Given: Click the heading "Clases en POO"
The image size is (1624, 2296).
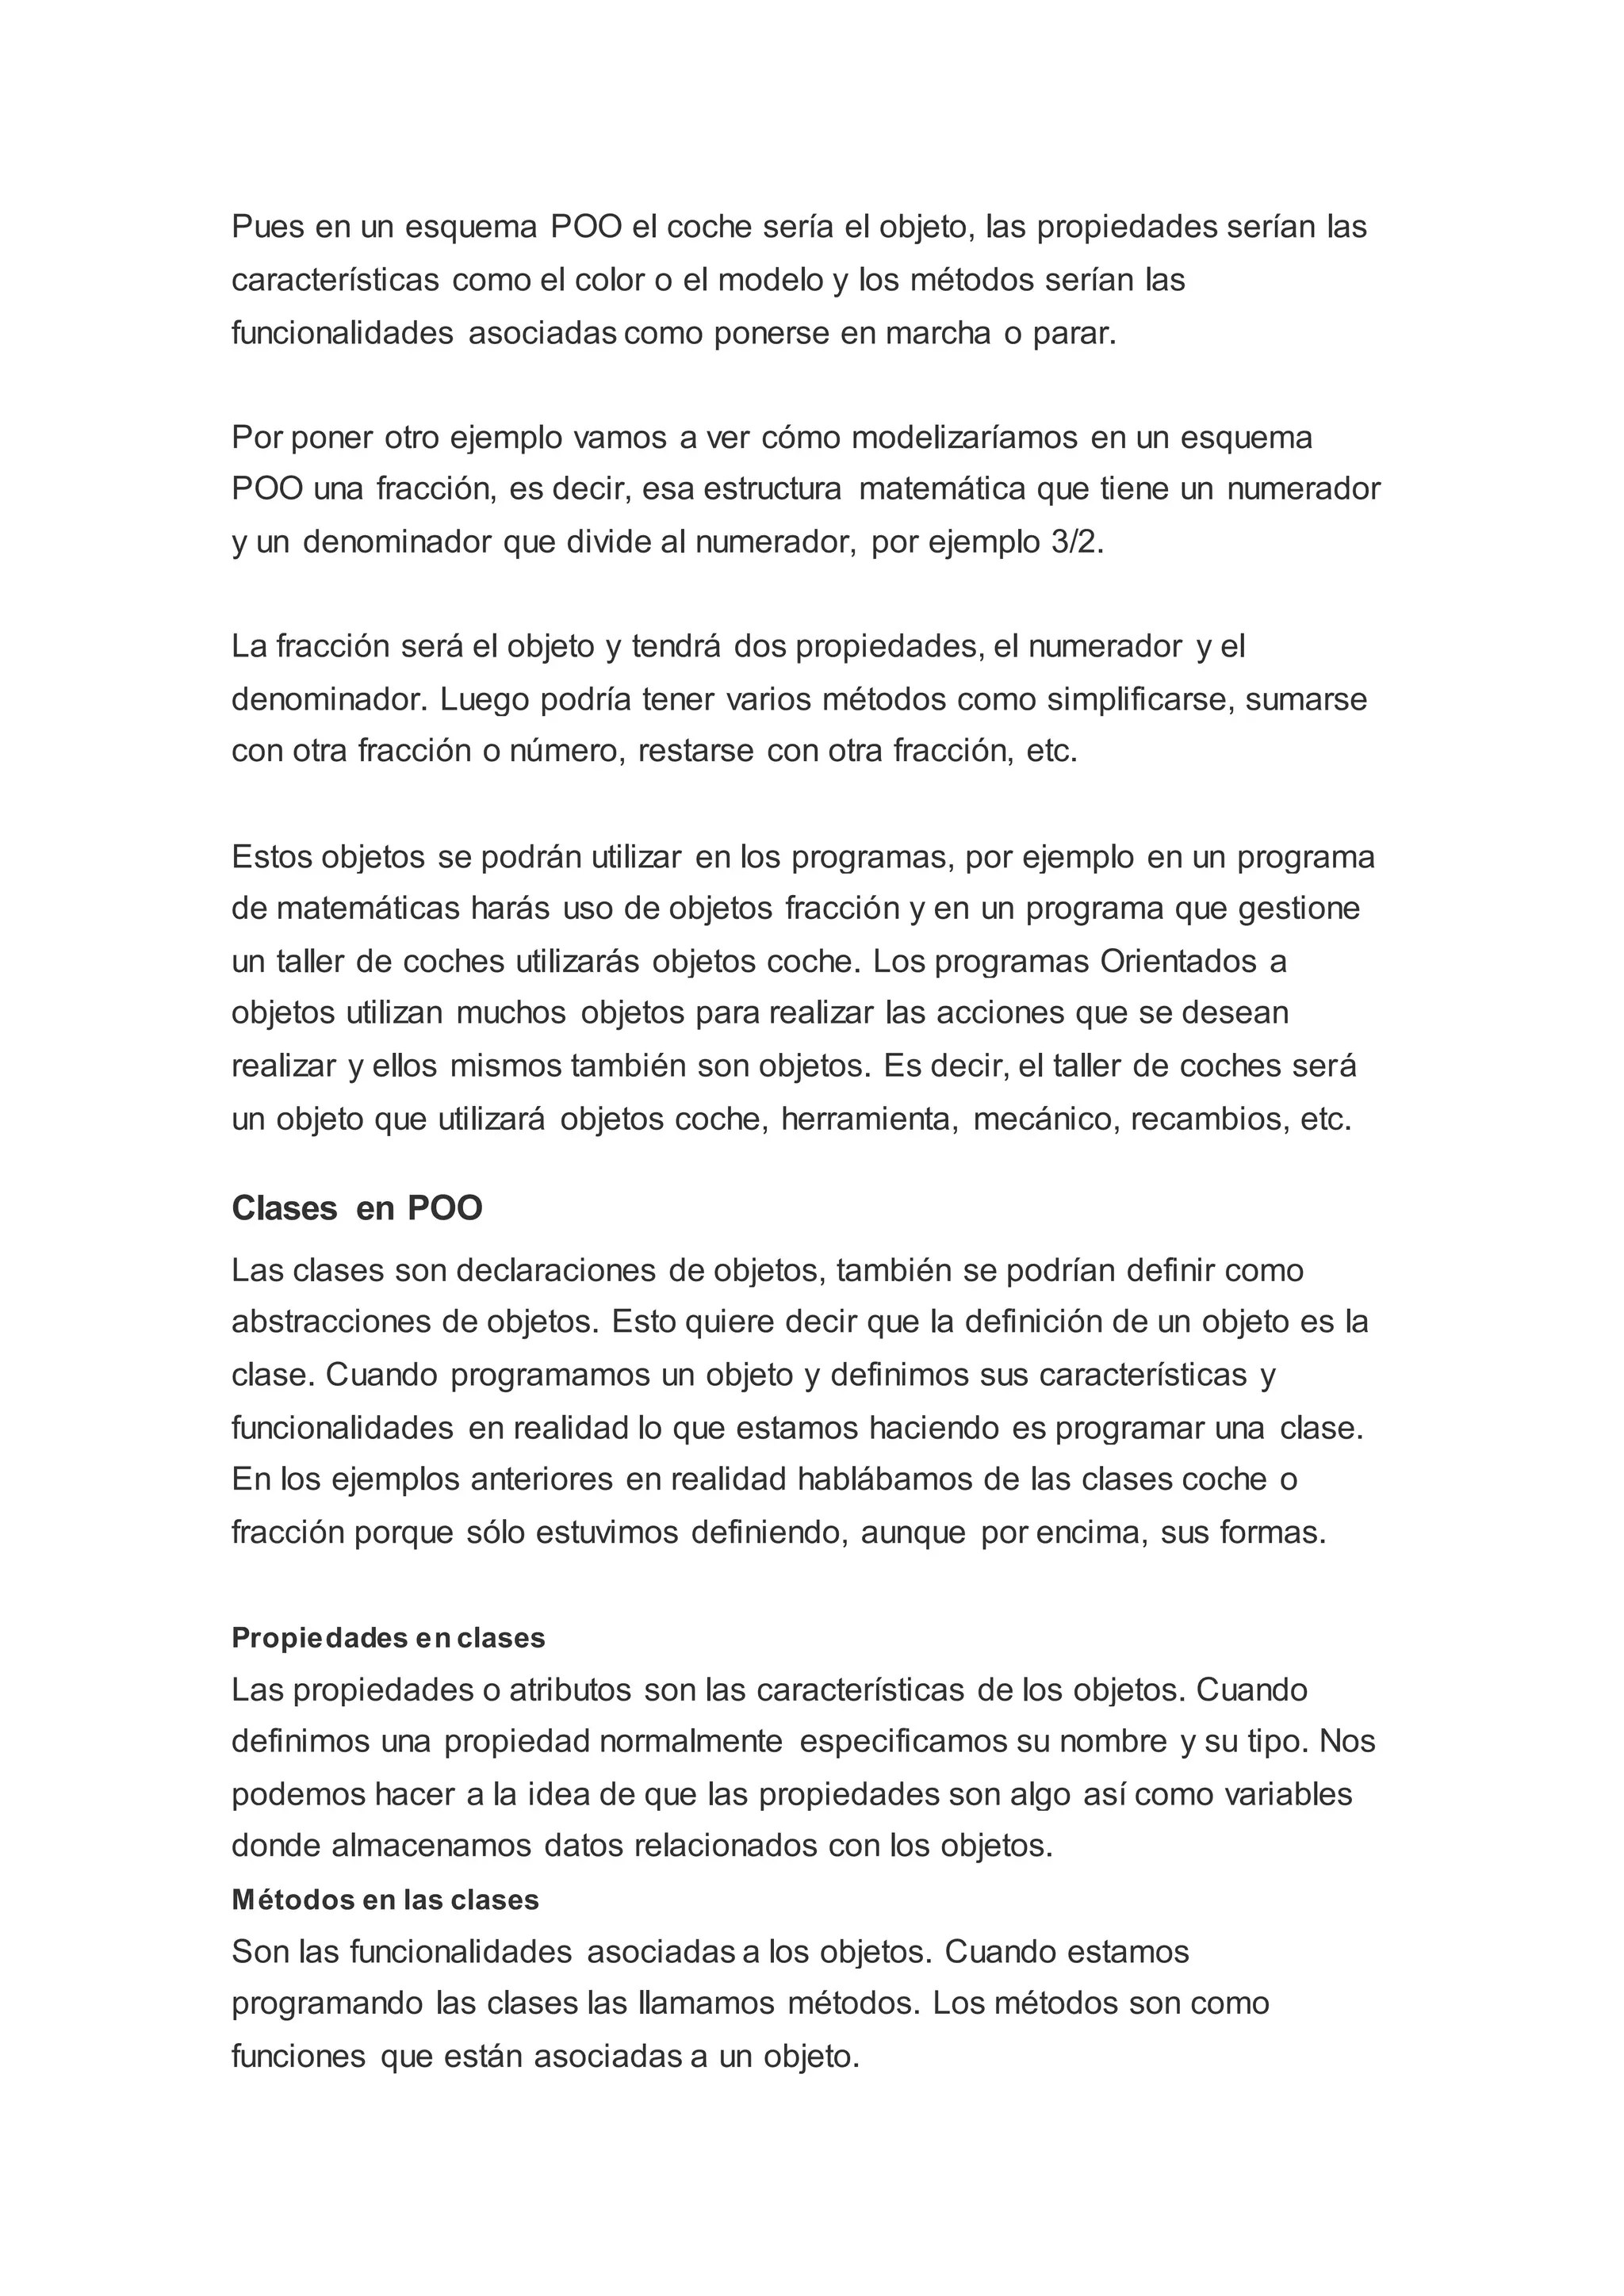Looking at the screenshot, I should (357, 1208).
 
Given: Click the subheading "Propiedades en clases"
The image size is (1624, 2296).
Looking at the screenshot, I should (388, 1638).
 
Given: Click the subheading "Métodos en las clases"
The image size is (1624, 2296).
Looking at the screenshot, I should (385, 1900).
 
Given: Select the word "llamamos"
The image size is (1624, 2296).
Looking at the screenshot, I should (706, 2003).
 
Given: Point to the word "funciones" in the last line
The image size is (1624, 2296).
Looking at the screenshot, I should (298, 2056).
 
